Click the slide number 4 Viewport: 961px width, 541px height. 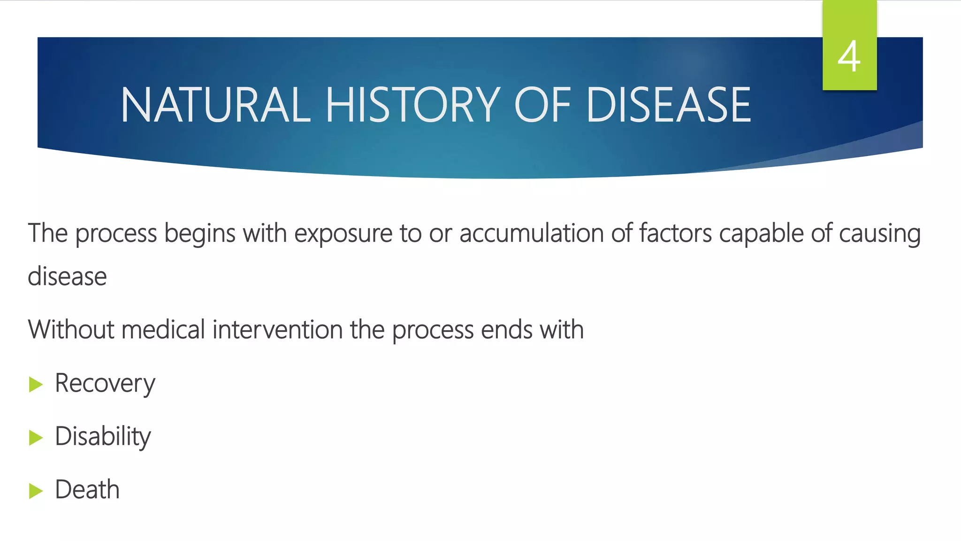(849, 57)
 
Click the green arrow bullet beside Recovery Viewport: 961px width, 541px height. (36, 385)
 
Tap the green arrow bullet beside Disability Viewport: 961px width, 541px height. (36, 438)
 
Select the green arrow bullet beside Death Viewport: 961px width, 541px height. (36, 491)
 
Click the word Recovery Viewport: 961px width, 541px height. (105, 384)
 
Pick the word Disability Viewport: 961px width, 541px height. (103, 437)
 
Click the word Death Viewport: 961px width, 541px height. (87, 490)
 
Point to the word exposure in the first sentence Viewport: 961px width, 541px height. (343, 234)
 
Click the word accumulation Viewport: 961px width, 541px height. (531, 233)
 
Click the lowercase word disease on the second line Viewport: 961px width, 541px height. (67, 277)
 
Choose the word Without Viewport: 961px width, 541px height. (70, 329)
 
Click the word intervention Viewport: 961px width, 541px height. (277, 329)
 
